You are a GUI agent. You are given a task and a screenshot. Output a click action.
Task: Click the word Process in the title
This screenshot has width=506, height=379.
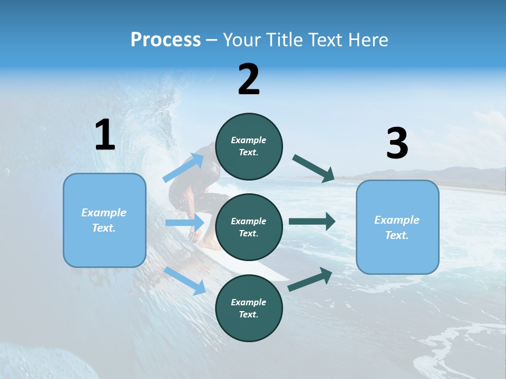point(166,40)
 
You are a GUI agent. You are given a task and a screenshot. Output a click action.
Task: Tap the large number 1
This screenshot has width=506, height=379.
point(105,135)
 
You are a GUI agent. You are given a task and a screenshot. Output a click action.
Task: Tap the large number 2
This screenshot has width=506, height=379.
point(249,79)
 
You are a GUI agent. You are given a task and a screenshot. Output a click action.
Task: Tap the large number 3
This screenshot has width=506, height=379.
point(397,144)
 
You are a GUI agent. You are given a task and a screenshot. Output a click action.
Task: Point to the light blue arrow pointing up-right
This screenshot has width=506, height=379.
point(184,167)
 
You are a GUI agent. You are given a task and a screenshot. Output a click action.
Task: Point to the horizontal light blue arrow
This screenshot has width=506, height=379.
point(184,223)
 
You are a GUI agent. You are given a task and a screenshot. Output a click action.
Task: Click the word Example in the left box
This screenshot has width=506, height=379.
point(104,213)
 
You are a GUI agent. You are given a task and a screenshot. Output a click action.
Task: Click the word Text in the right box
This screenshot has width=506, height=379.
point(396,235)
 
